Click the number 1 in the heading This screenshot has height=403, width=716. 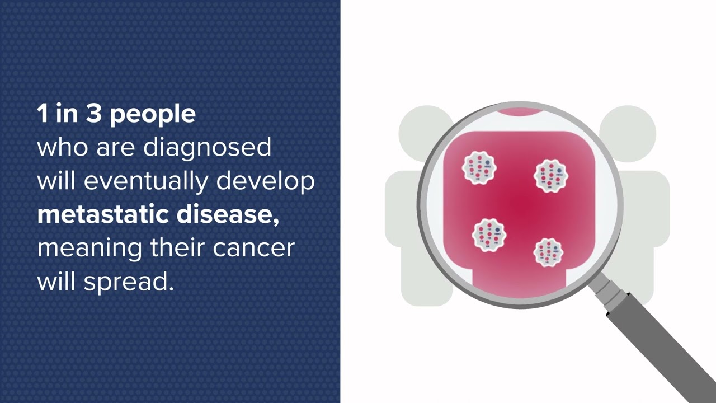coord(42,114)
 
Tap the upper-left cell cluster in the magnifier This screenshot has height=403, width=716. coord(479,168)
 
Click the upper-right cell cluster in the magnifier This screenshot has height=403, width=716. coord(551,175)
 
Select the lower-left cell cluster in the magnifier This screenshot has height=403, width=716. coord(489,235)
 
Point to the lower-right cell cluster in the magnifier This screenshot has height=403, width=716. coord(548,252)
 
